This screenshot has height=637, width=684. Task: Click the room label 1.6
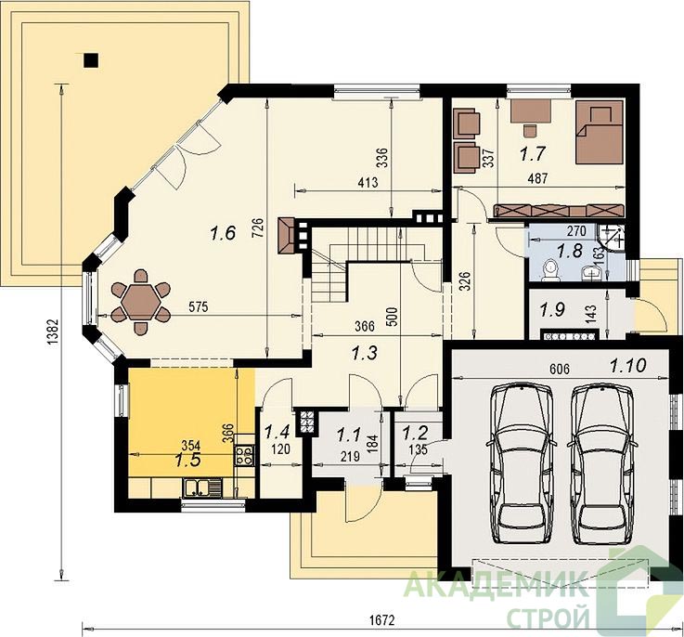pos(223,233)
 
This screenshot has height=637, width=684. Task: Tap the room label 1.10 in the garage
pos(628,366)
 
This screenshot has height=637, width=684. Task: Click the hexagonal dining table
pos(140,302)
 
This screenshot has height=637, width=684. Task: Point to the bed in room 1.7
pos(599,132)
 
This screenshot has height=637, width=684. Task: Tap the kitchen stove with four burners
pos(244,454)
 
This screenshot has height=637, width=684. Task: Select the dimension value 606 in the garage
pos(560,369)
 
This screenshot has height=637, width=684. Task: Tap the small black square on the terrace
pos(91,60)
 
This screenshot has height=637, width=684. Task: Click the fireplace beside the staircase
pos(287,236)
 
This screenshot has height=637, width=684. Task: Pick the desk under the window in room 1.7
pos(531,110)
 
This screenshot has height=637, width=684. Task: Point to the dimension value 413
pos(368,183)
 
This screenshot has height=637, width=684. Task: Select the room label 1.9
pos(553,309)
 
